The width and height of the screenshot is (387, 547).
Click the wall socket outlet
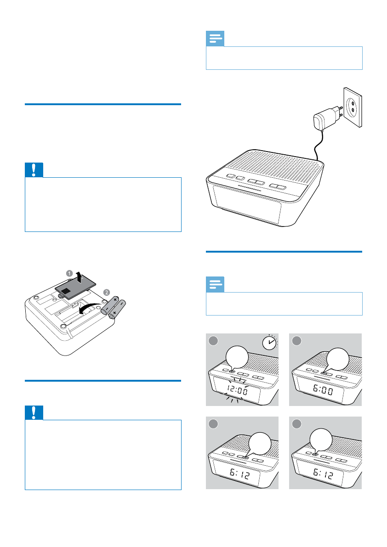[353, 107]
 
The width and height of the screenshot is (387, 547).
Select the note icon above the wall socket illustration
[215, 39]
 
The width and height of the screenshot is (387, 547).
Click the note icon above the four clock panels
[215, 284]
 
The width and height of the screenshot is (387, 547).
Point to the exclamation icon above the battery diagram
[34, 170]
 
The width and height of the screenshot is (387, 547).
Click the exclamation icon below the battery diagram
[34, 412]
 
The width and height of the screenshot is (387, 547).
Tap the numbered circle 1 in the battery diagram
[69, 273]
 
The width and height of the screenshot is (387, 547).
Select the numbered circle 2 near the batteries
[107, 293]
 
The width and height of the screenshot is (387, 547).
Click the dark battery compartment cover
[75, 289]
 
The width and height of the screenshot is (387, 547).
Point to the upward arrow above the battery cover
[80, 277]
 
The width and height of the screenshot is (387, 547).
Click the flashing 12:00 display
[238, 389]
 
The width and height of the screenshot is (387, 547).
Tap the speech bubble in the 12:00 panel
[237, 358]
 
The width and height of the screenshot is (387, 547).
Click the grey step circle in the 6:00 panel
[296, 341]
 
